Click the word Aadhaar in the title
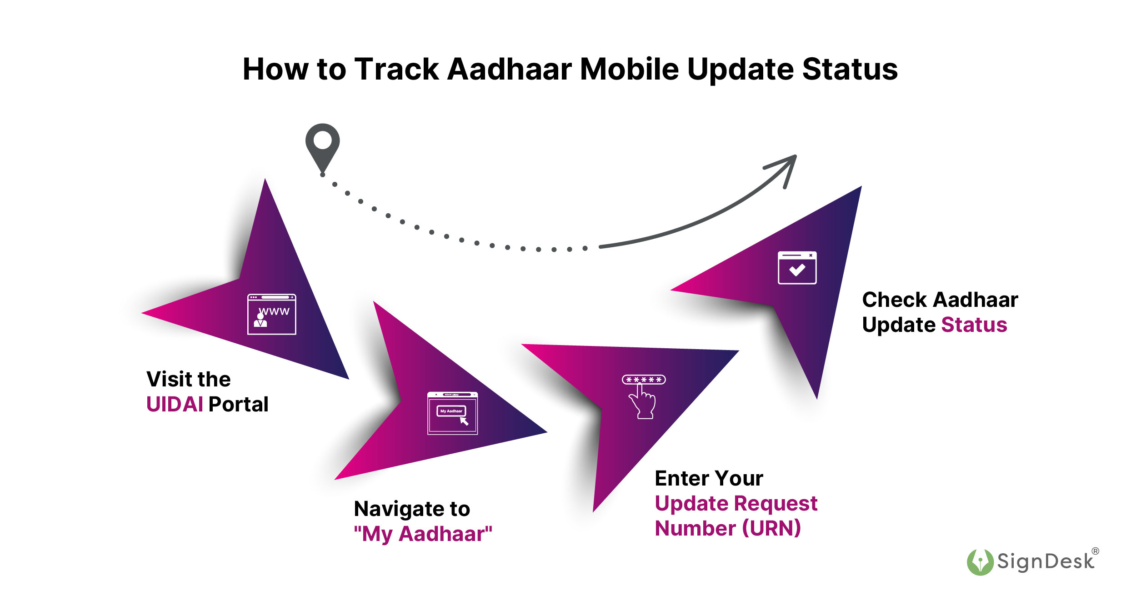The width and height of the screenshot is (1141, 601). tap(510, 69)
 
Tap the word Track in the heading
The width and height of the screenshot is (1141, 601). tap(396, 69)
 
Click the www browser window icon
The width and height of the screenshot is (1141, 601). tap(271, 314)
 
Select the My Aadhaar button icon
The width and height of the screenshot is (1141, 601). tap(451, 411)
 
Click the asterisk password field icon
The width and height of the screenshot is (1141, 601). tap(644, 380)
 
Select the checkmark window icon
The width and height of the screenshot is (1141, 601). tap(797, 268)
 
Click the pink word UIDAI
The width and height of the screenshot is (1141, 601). tap(175, 405)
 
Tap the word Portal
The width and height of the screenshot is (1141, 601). tap(239, 405)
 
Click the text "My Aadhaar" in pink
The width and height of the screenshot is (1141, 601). tap(423, 534)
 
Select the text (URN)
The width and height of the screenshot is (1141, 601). tap(771, 528)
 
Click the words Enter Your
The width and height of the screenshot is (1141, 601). tap(709, 479)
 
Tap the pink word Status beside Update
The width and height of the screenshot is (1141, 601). tap(974, 325)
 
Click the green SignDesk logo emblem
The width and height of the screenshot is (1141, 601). tap(980, 562)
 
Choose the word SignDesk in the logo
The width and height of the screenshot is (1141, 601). tap(1045, 562)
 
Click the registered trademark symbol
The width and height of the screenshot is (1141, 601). tap(1095, 551)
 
